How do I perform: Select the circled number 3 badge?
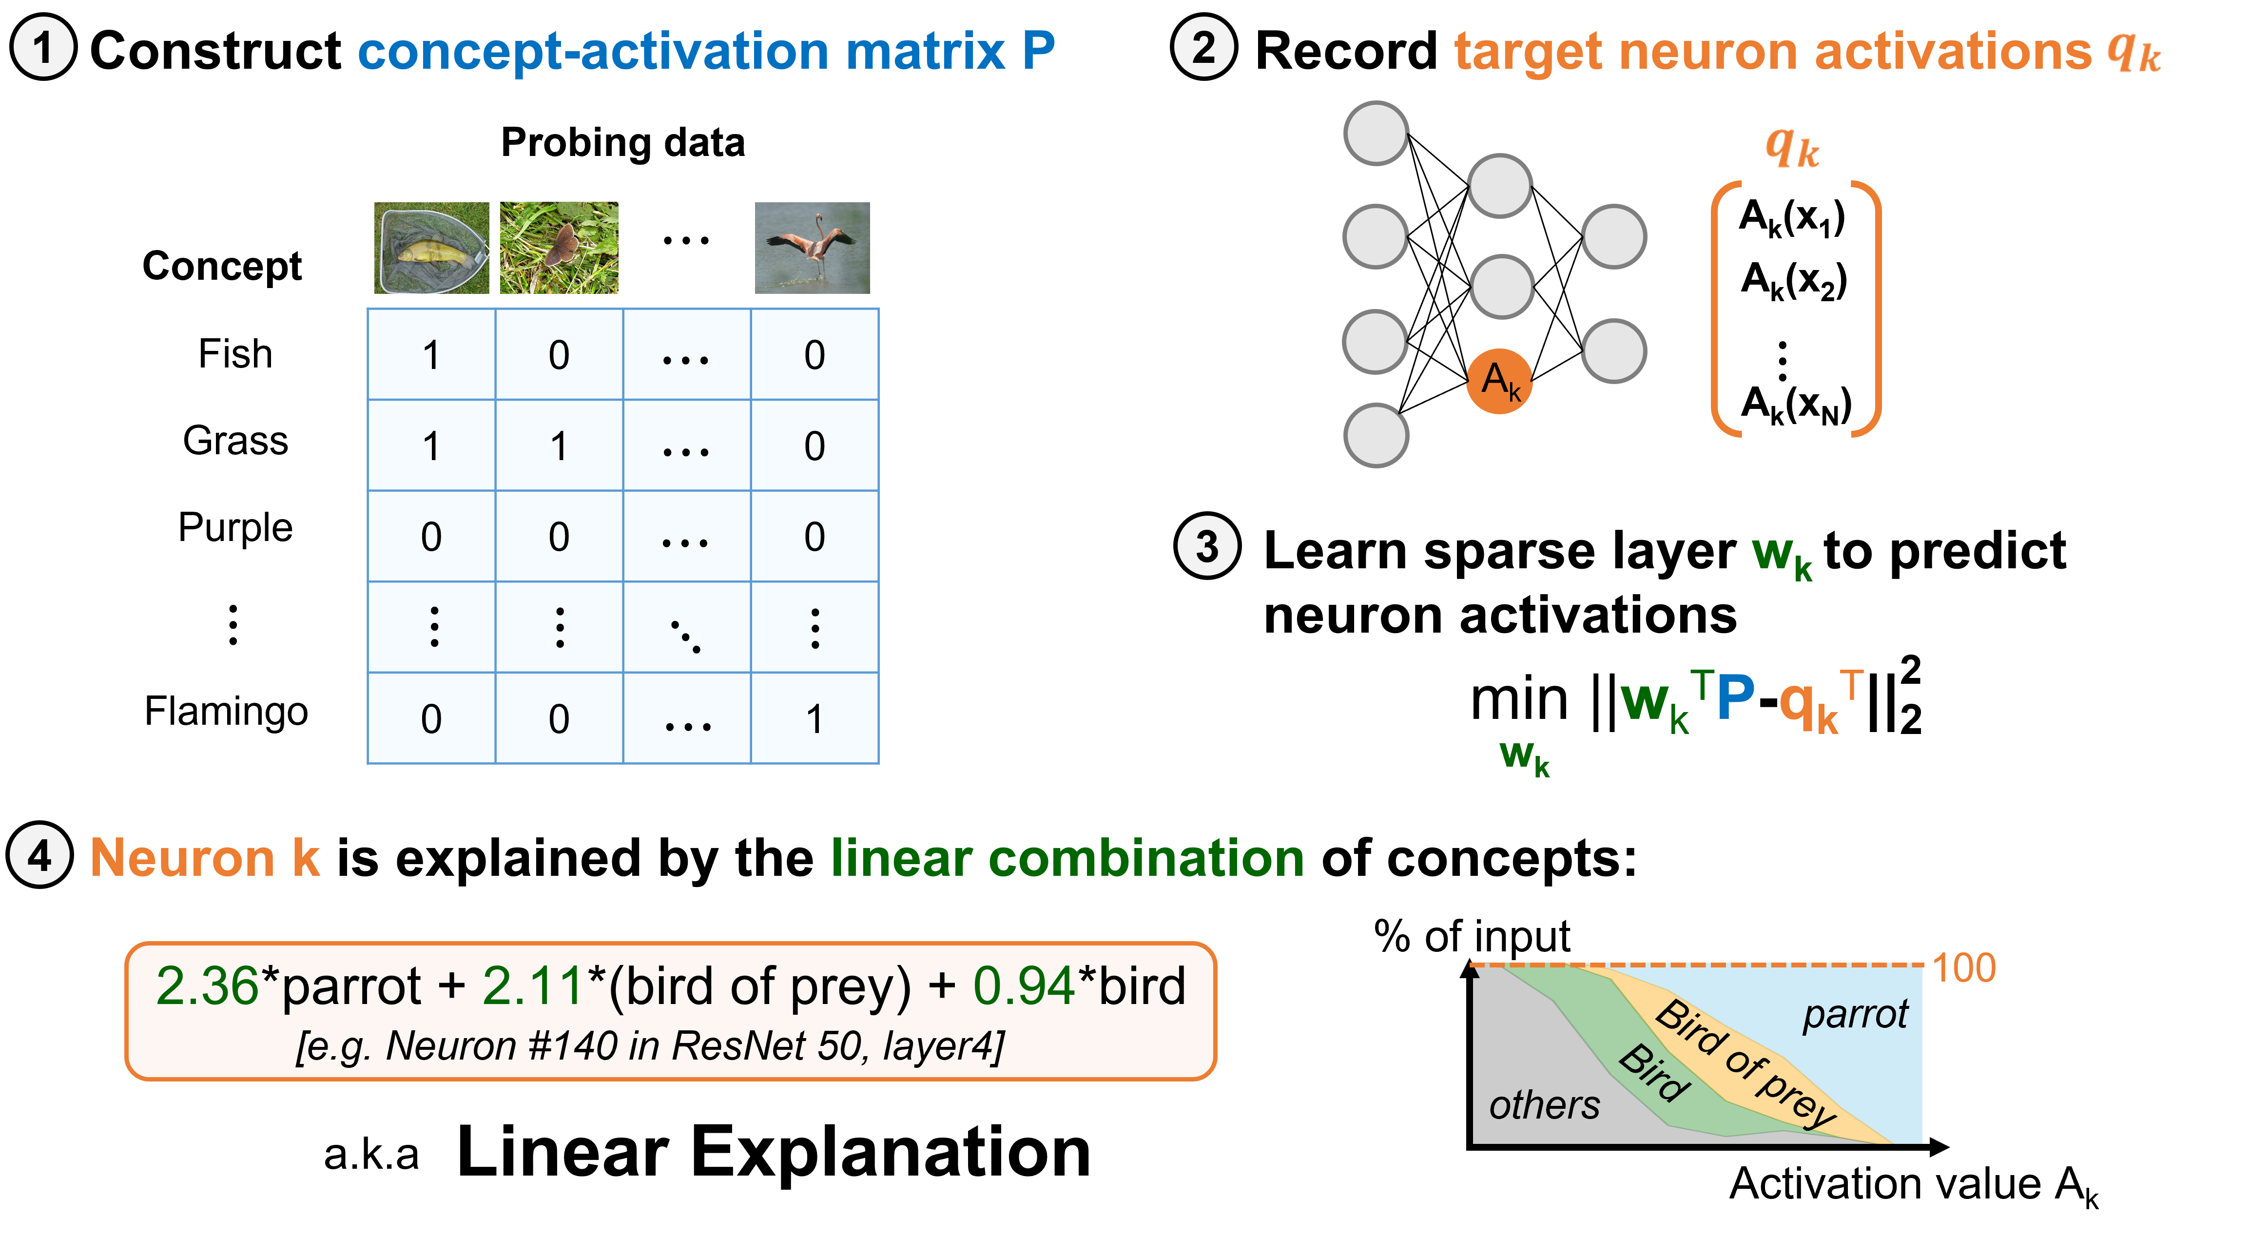1207,547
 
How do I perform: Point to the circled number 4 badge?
40,855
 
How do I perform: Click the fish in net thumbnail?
431,248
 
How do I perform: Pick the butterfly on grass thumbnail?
559,248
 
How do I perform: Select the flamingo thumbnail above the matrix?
812,248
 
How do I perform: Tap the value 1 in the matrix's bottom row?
814,719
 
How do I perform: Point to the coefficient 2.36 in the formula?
207,986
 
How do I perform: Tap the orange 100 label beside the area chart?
1963,968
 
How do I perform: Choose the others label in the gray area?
1544,1105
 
